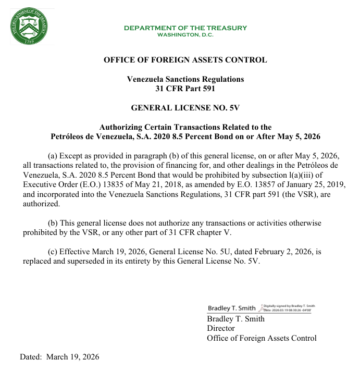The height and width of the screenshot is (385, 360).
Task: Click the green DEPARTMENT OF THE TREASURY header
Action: point(185,28)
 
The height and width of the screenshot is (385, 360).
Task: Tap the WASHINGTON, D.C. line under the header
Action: point(185,35)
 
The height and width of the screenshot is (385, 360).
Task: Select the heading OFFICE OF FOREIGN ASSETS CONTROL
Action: point(185,60)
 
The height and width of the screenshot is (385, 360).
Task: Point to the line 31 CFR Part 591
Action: point(185,89)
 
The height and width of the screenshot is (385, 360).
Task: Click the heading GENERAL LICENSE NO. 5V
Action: point(185,108)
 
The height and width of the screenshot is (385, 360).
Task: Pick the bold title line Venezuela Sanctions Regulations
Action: point(185,79)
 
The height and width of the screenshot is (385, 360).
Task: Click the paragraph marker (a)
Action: point(53,156)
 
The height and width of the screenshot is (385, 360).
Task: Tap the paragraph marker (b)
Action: point(53,222)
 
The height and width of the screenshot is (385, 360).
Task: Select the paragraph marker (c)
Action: point(53,252)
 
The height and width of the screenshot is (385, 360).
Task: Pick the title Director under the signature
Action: point(221,329)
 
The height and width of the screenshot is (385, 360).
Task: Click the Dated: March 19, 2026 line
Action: point(59,357)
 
